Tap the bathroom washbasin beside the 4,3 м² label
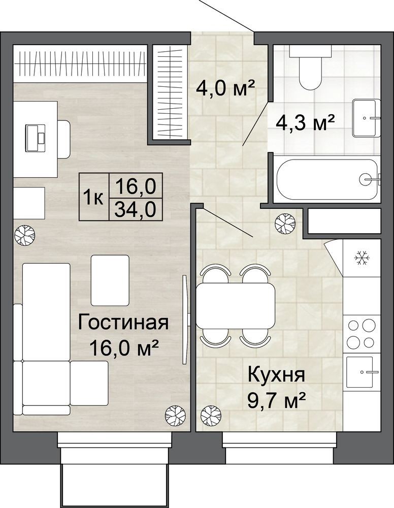coord(366,118)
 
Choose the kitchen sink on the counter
coord(361,372)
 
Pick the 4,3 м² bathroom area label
coord(305,123)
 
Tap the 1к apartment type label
coord(93,197)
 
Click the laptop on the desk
coord(36,138)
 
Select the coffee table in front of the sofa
coord(110,280)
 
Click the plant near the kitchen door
coord(285,223)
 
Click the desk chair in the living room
coord(64,139)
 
